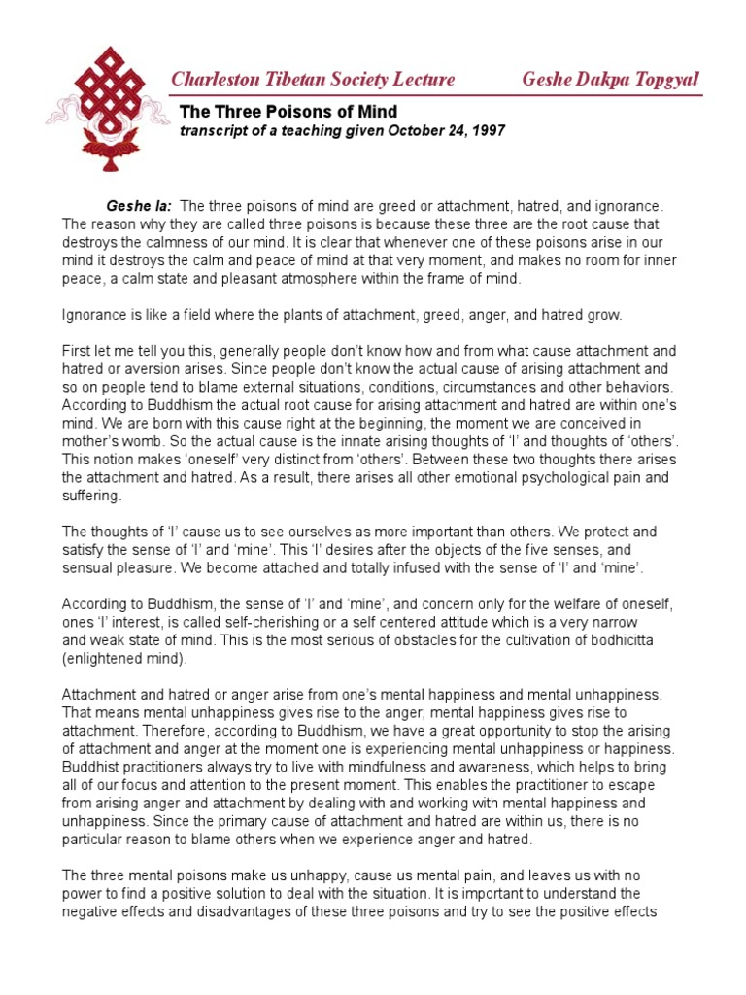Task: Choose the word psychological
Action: tap(524, 478)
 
